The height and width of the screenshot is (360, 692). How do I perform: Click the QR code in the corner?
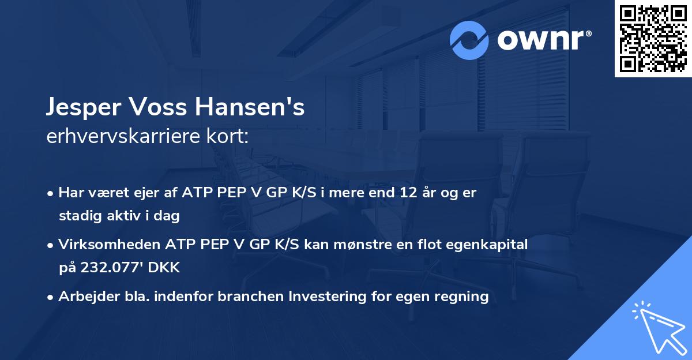coord(653,39)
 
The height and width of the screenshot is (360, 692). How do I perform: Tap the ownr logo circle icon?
coord(469,40)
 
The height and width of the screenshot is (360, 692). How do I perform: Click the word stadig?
coord(77,216)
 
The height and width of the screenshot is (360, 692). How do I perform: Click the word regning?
coord(462,297)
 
